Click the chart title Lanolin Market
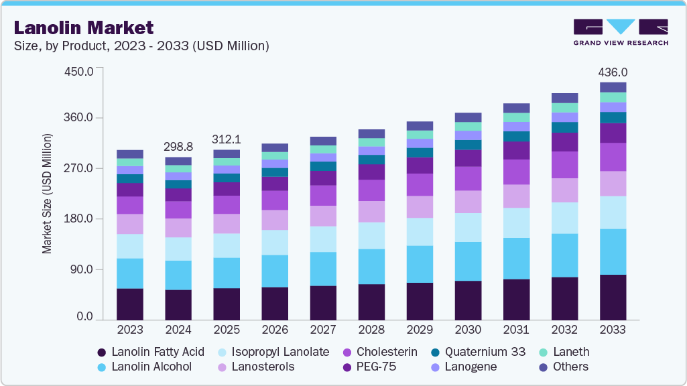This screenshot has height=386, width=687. coord(84,28)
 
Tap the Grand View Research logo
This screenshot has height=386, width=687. coord(621,31)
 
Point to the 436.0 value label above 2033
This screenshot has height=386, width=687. coord(613,72)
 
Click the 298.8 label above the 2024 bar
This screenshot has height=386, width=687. coord(178,147)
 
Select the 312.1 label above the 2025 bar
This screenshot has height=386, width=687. coord(227,139)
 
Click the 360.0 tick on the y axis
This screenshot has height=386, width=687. coord(78,118)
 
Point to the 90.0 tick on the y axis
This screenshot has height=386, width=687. coord(81,269)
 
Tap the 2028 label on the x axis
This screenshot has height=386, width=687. coord(371,330)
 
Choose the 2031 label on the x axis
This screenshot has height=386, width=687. coord(516,330)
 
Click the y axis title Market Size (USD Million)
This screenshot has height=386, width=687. coord(47,194)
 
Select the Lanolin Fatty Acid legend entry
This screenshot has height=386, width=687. coord(151,352)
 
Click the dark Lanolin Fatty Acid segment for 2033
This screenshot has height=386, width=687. coord(613,297)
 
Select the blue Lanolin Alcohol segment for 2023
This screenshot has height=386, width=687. coord(130,273)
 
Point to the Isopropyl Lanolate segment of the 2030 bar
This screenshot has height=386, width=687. coord(468,227)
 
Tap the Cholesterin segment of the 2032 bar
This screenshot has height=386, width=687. coord(564,165)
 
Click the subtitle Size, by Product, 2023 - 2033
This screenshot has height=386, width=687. coord(141,46)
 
